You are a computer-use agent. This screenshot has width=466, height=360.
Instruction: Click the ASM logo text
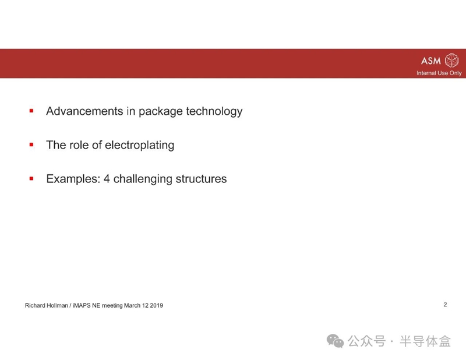click(x=430, y=61)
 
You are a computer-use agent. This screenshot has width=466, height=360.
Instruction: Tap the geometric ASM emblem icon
click(x=451, y=61)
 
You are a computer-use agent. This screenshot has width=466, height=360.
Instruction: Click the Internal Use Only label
click(x=439, y=73)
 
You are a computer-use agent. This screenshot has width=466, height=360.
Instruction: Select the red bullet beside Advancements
click(x=31, y=111)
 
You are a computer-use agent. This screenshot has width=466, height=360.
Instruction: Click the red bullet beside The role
click(x=31, y=145)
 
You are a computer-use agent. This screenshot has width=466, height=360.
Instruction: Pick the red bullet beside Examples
click(x=31, y=179)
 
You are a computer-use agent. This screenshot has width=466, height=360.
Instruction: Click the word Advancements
click(x=84, y=111)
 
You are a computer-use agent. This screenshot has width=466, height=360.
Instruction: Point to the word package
click(x=161, y=112)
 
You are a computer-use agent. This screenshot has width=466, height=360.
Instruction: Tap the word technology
click(x=214, y=112)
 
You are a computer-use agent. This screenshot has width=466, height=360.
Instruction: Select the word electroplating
click(x=139, y=146)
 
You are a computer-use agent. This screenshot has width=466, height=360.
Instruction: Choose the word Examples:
click(x=73, y=179)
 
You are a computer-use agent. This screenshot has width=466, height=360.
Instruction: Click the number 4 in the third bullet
click(x=107, y=179)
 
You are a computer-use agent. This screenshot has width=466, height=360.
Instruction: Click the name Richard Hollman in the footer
click(x=47, y=305)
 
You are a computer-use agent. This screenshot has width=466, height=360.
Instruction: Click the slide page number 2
click(x=445, y=305)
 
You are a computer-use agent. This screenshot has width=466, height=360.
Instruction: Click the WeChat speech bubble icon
click(x=335, y=341)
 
